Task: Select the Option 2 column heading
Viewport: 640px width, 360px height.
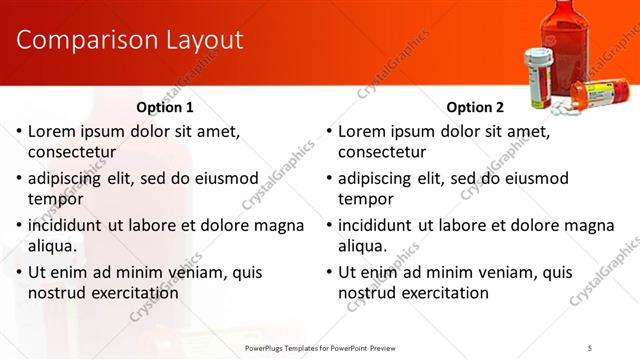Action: pos(475,107)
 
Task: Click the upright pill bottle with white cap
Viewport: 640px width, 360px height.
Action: pos(538,74)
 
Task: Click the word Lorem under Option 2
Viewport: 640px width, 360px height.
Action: pos(364,131)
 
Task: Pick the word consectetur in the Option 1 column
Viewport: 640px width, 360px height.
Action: pos(72,152)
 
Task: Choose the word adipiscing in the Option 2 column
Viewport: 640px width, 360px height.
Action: pos(377,178)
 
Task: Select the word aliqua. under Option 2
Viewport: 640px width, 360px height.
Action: pos(364,246)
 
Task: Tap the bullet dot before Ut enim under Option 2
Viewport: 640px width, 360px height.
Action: pos(330,273)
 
